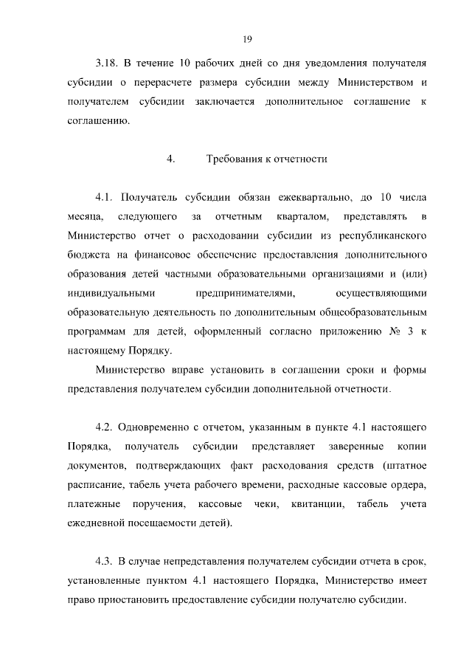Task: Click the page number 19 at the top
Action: (248, 39)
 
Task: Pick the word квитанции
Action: (316, 504)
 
